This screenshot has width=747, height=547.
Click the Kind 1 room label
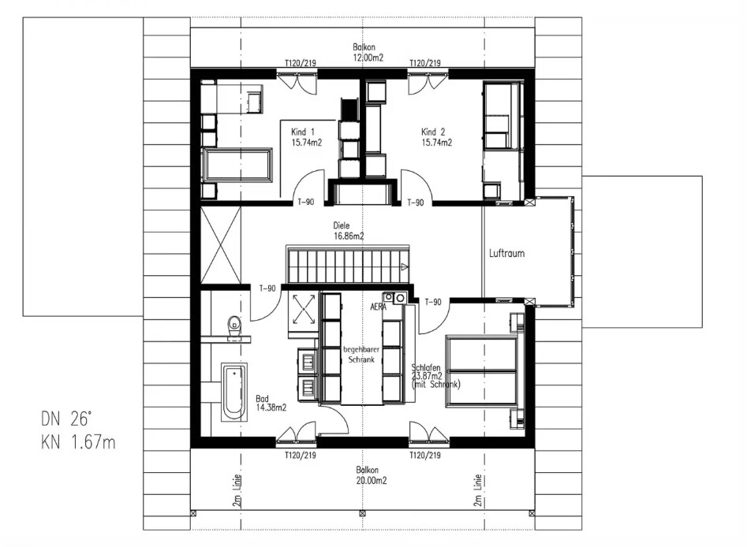pyautogui.click(x=306, y=137)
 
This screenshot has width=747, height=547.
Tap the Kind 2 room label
pyautogui.click(x=436, y=137)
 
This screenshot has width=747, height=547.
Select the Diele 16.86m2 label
pyautogui.click(x=349, y=230)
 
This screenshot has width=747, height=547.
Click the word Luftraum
pyautogui.click(x=507, y=253)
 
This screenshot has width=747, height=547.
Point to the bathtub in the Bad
pyautogui.click(x=234, y=392)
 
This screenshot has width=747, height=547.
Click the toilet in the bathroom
pyautogui.click(x=234, y=326)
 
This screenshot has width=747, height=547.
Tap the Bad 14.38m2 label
pyautogui.click(x=271, y=403)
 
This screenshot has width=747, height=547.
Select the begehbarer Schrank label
pyautogui.click(x=361, y=355)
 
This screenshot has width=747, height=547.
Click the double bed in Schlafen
pyautogui.click(x=482, y=371)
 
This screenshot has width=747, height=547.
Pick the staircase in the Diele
pyautogui.click(x=348, y=264)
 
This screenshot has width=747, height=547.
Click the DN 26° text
pyautogui.click(x=65, y=419)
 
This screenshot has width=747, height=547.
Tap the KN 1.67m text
pyautogui.click(x=78, y=442)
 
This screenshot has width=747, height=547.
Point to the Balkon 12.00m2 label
pyautogui.click(x=368, y=52)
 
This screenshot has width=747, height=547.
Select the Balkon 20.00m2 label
pyautogui.click(x=371, y=475)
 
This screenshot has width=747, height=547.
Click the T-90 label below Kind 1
pyautogui.click(x=306, y=202)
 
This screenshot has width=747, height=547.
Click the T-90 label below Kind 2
pyautogui.click(x=416, y=203)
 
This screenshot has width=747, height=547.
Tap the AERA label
pyautogui.click(x=379, y=307)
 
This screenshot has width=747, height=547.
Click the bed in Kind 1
pyautogui.click(x=237, y=166)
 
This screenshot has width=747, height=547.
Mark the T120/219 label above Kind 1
pyautogui.click(x=300, y=63)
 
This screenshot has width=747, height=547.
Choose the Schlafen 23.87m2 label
pyautogui.click(x=435, y=376)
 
